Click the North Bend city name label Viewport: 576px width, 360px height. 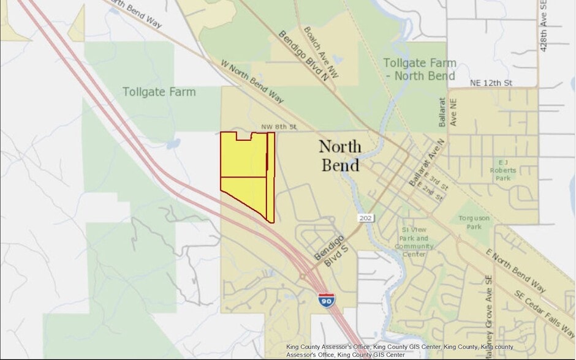(x=339, y=156)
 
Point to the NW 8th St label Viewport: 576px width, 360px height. (x=279, y=127)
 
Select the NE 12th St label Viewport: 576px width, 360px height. (x=491, y=83)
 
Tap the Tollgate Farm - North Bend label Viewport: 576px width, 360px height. (x=420, y=69)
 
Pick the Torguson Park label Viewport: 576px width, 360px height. (x=474, y=222)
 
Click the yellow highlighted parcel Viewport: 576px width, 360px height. (x=245, y=171)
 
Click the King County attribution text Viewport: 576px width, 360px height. (x=398, y=350)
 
